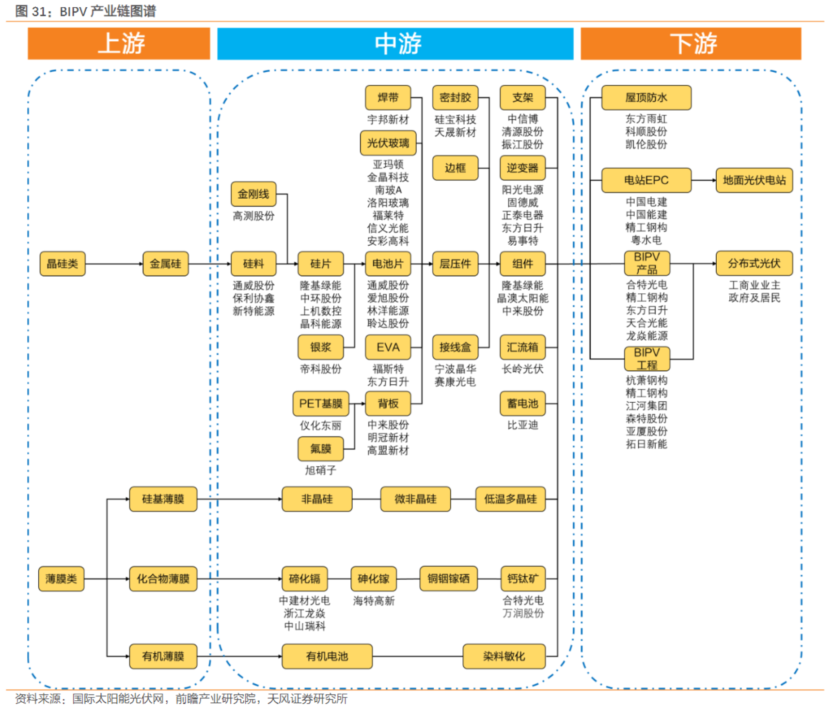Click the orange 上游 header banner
pos(119,44)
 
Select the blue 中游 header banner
pos(395,44)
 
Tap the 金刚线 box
pos(253,194)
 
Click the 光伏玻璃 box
pos(388,143)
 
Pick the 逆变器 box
pos(522,168)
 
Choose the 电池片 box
pos(388,264)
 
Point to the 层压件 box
pos(455,264)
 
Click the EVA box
pos(388,347)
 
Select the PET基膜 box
pos(321,404)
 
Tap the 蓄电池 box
pos(522,404)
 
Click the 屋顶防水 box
pos(646,98)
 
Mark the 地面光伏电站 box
pos(754,180)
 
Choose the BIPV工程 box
pos(647,359)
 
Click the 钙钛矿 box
pos(522,579)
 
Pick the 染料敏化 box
pos(504,656)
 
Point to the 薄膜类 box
pos(62,579)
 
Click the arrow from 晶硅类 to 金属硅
pos(114,264)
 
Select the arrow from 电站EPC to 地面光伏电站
pos(703,180)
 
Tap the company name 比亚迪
pos(522,425)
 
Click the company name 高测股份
pos(253,216)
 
